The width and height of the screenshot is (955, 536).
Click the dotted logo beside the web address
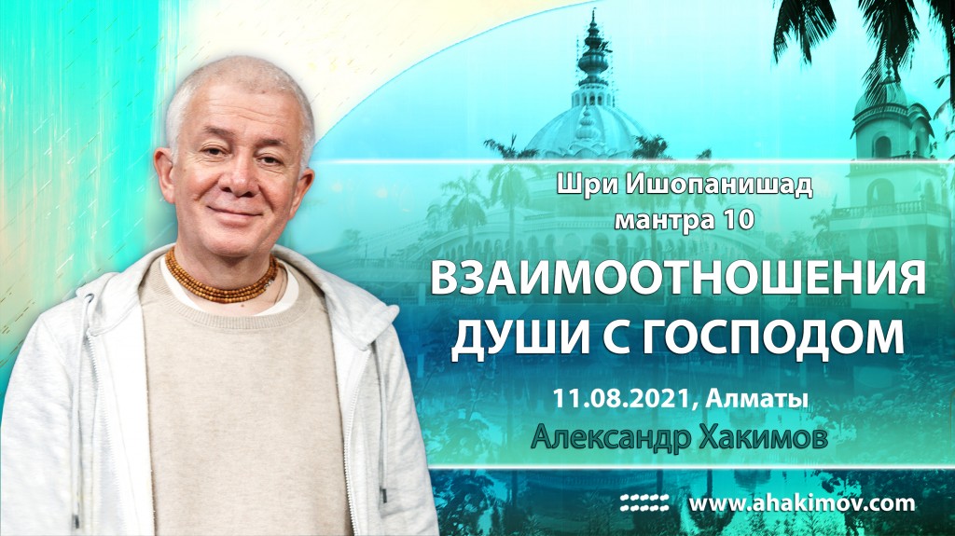coord(645,504)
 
